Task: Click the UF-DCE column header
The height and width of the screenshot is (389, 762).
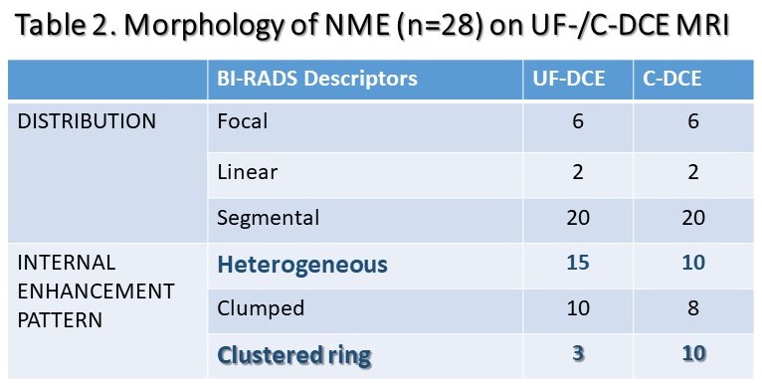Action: click(569, 79)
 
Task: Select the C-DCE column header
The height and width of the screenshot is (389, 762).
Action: click(672, 79)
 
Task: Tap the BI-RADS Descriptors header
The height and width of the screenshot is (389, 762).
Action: click(317, 79)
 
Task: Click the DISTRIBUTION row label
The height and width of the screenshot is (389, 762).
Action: click(87, 121)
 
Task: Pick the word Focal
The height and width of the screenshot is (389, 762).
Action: click(242, 121)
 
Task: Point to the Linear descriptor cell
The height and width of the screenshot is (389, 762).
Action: click(248, 172)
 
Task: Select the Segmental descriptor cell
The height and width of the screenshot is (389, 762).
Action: click(269, 218)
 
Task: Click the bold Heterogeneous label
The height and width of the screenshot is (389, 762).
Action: click(302, 265)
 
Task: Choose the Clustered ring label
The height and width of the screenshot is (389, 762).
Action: click(294, 355)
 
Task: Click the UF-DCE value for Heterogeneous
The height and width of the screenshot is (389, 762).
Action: click(578, 263)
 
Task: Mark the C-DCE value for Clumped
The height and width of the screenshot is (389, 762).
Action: click(693, 308)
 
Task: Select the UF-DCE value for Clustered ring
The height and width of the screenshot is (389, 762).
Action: click(578, 353)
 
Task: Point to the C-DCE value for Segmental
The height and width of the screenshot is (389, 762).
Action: click(693, 217)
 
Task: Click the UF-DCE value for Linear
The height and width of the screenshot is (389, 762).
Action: click(578, 172)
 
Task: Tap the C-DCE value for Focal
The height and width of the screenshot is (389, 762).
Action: click(693, 121)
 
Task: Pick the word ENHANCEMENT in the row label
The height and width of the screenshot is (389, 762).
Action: click(95, 292)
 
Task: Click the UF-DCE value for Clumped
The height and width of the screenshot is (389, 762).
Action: click(578, 308)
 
